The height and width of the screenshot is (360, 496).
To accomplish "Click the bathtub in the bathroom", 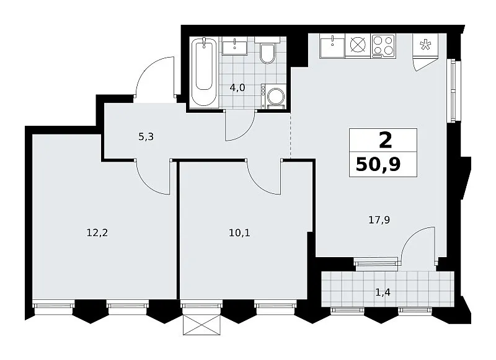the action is [204, 72].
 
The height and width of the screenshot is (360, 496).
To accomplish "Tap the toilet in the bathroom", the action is [267, 52].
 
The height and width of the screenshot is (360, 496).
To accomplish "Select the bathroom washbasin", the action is [235, 46].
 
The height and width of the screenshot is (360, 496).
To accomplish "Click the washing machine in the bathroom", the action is [274, 96].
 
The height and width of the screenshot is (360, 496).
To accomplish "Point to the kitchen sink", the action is [332, 46].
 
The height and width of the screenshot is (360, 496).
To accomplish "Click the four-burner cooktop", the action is [383, 46].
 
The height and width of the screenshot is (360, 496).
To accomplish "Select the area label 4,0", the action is [237, 87].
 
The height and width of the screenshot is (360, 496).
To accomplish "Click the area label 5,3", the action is [146, 137].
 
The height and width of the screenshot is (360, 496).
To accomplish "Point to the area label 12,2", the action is [97, 233].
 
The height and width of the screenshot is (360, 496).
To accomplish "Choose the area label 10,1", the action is [239, 233].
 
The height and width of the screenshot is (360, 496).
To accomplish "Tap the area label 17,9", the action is [379, 220].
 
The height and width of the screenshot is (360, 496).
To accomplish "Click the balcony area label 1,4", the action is [383, 292].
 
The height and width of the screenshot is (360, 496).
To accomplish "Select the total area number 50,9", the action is [378, 164].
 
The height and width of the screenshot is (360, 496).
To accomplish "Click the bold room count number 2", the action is [385, 140].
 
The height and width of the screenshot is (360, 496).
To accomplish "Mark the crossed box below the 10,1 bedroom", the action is [201, 325].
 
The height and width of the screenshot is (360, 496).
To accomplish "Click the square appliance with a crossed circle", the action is [358, 46].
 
